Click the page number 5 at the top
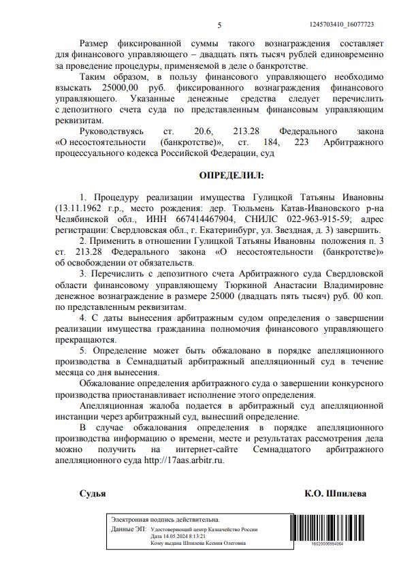click(x=219, y=25)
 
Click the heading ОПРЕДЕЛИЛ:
click(x=231, y=176)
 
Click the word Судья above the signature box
click(x=92, y=493)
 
